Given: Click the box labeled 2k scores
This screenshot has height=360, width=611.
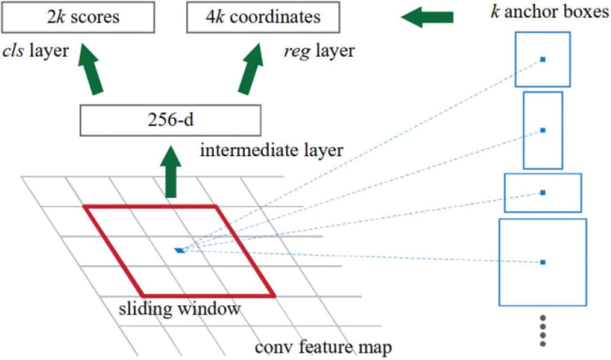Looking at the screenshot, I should tap(78, 17).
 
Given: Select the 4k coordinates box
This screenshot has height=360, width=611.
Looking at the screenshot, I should tap(263, 17).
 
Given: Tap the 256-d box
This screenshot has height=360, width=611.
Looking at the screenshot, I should tap(170, 120).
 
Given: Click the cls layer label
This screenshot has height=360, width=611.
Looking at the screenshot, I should tap(35, 51).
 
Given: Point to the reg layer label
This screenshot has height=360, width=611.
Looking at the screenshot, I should tap(319, 51).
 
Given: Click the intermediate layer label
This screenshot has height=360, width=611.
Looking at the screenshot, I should tap(271, 150).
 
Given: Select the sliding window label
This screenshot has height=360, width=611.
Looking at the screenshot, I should tap(179, 309).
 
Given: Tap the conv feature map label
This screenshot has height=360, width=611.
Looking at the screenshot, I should tap(323, 347).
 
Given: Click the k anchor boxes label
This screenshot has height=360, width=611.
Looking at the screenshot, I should tap(549, 11).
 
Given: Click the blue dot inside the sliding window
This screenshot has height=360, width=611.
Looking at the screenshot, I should tap(179, 250).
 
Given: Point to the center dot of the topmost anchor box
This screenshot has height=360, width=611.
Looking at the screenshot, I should tap(542, 60).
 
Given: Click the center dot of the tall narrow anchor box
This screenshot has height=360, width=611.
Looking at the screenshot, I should tap(542, 130).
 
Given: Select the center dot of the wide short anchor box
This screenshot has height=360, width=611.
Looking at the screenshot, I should tap(542, 193).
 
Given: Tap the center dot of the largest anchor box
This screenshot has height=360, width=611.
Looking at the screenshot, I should tap(542, 262).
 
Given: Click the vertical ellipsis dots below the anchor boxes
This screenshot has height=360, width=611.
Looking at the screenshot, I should tap(542, 330).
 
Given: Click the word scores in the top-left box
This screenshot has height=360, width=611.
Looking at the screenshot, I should tap(95, 17).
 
